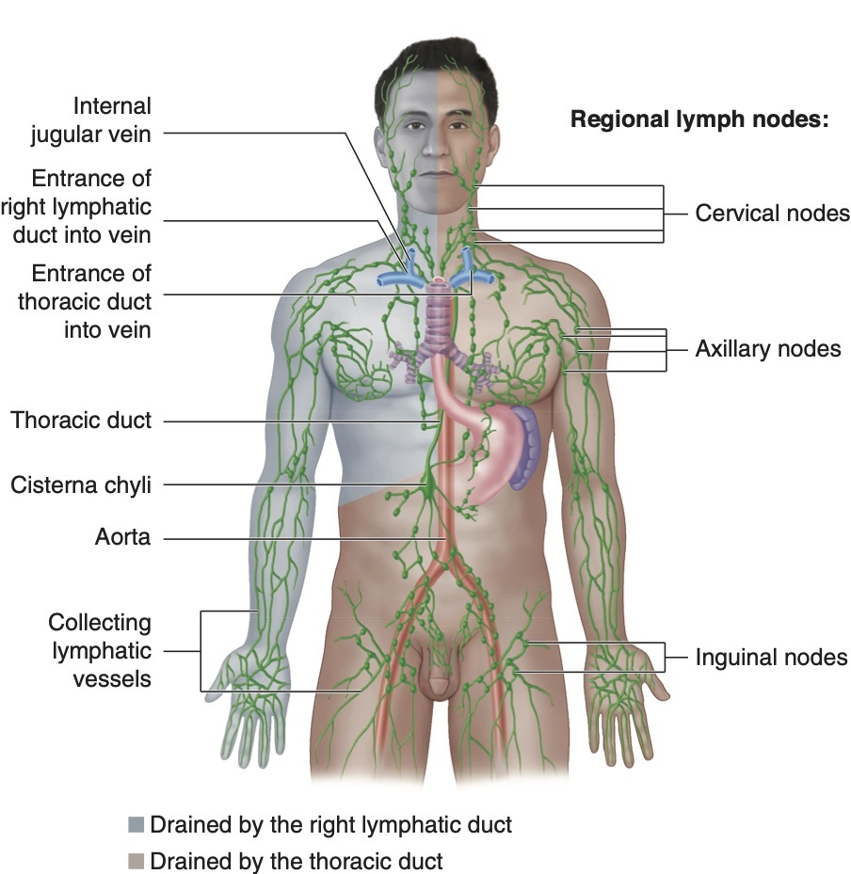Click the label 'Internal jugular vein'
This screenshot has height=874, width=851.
[90, 119]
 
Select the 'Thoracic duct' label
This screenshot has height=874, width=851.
[81, 420]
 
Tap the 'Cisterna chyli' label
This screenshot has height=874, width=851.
[81, 485]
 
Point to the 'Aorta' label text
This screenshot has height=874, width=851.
[122, 538]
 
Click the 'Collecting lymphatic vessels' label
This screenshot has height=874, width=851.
[100, 650]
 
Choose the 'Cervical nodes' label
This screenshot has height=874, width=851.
[772, 214]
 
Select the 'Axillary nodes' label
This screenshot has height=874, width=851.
[768, 349]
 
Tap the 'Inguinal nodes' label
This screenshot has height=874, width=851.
[771, 658]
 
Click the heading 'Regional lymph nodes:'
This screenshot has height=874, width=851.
[698, 119]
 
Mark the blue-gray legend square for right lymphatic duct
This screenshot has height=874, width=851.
[136, 826]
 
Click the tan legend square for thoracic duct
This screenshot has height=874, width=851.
[136, 861]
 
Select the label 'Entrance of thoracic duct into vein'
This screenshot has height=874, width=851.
[90, 301]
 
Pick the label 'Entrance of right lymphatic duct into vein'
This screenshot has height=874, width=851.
[82, 206]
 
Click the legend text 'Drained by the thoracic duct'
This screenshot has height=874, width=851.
[296, 861]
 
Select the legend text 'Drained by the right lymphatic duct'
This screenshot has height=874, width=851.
[330, 826]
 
